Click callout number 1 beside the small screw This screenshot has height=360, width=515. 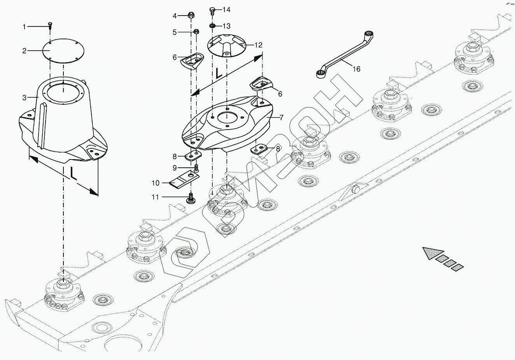tap(24, 27)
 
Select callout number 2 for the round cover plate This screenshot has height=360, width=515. tap(24, 51)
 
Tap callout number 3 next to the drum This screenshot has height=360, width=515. tap(24, 98)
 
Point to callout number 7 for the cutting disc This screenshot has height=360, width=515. tap(281, 117)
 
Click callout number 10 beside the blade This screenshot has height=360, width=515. tap(155, 183)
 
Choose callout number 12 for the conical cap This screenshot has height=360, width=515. tap(258, 45)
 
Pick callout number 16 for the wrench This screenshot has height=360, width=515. tap(356, 69)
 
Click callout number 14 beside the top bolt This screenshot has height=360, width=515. tap(226, 9)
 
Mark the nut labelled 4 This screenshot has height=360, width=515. tap(191, 16)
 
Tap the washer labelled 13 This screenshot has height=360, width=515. tap(212, 26)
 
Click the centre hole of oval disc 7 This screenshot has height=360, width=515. tap(227, 117)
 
